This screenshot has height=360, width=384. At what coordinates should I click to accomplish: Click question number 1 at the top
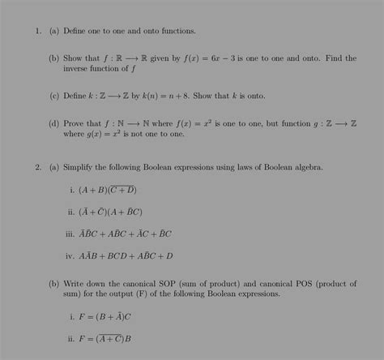[36, 31]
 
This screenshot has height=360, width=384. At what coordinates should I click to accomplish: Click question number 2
[36, 167]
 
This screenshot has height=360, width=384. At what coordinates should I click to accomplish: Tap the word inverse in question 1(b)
[80, 68]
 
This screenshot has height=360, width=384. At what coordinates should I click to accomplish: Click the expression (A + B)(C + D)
[108, 190]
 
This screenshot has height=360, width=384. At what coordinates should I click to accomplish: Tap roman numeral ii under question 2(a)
[70, 212]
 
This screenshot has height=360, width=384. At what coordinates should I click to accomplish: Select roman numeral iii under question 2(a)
[70, 234]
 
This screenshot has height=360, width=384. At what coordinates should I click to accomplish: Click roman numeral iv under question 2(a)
[70, 255]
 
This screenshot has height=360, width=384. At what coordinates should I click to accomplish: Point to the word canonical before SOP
[150, 284]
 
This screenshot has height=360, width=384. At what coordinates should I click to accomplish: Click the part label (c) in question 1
[53, 96]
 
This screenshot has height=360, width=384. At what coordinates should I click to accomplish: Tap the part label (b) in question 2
[53, 284]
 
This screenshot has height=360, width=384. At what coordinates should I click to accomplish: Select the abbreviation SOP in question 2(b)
[181, 284]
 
